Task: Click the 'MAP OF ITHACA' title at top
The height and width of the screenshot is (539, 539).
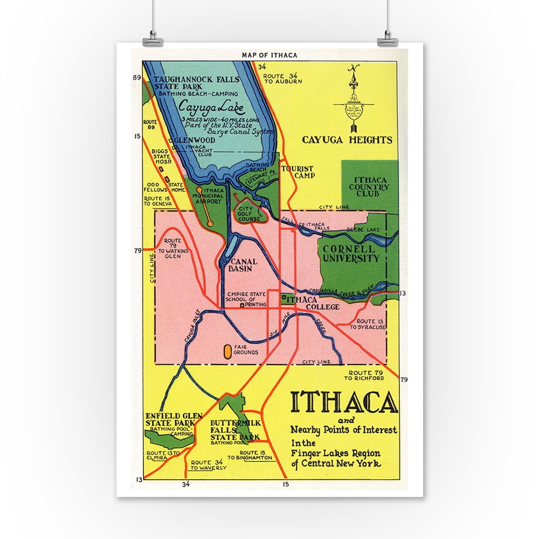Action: pos(269,55)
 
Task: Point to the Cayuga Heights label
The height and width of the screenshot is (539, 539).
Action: pos(347,140)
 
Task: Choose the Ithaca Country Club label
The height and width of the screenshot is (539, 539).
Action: pos(371,186)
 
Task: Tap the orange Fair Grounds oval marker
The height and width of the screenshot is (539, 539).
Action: pos(227,351)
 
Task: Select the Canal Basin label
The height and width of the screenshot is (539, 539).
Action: pos(243,265)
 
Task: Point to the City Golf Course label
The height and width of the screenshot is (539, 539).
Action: pos(249,215)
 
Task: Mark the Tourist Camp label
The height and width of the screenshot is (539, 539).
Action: pos(297,172)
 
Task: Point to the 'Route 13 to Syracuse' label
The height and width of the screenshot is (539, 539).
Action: pos(368,323)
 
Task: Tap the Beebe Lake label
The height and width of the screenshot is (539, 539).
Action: pos(367,230)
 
